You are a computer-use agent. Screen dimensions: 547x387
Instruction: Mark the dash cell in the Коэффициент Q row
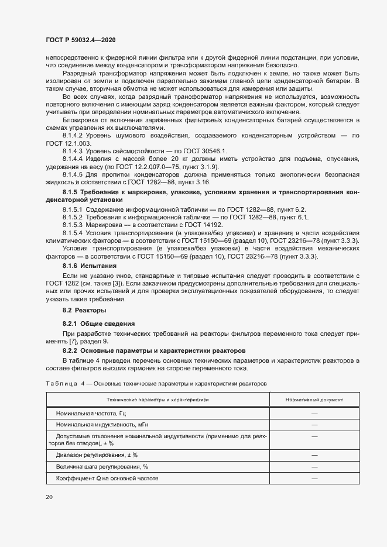click(x=314, y=478)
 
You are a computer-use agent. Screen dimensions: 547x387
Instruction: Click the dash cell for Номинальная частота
click(x=314, y=413)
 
